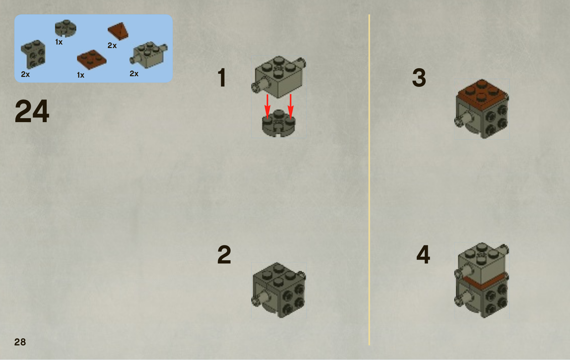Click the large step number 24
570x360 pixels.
click(32, 111)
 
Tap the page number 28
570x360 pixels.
click(20, 342)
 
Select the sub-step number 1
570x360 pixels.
click(222, 78)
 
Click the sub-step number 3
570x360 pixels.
click(419, 78)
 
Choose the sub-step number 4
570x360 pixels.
click(423, 254)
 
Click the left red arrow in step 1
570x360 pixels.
click(268, 106)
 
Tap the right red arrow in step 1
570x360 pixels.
click(291, 106)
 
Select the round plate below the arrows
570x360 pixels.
click(279, 124)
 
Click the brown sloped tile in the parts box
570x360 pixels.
click(118, 31)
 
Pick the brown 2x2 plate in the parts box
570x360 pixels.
click(92, 59)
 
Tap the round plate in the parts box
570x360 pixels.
click(66, 28)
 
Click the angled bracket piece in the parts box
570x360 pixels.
click(33, 54)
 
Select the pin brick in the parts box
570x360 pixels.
click(149, 55)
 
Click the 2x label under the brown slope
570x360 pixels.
click(112, 46)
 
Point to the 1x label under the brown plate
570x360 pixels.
click(81, 75)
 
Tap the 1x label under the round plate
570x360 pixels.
click(59, 42)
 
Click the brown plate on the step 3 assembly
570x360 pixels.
click(482, 94)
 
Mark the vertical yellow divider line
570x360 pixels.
click(369, 180)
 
